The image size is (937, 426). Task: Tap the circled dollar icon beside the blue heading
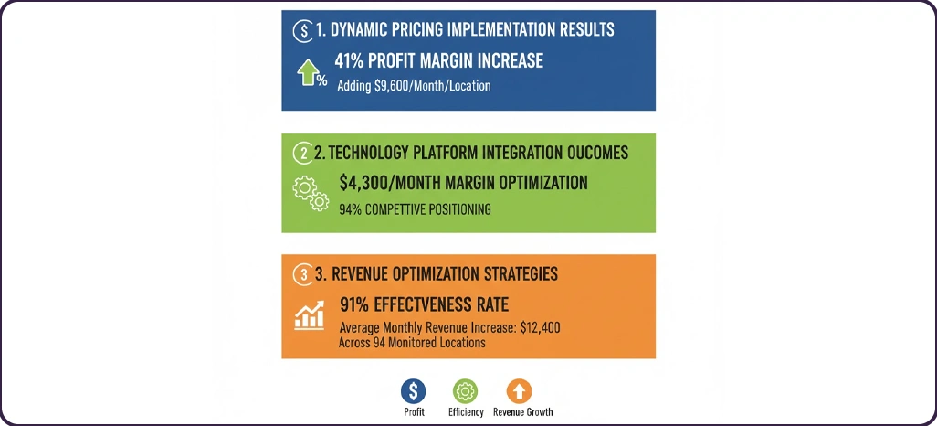(303, 31)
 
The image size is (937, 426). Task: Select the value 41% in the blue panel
(348, 61)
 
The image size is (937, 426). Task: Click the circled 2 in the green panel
(302, 153)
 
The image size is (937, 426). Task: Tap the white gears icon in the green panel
(311, 194)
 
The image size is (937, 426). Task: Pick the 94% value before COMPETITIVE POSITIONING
(350, 209)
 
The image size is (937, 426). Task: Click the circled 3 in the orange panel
(303, 274)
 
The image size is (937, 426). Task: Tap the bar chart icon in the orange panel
(310, 314)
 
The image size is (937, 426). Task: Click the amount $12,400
(541, 328)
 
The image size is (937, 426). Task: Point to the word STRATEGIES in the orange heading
(521, 274)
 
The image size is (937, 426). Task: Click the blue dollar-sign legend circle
(413, 391)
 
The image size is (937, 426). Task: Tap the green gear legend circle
(465, 391)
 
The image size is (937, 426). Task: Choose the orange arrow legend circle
(519, 391)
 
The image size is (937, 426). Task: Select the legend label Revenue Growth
(523, 412)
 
